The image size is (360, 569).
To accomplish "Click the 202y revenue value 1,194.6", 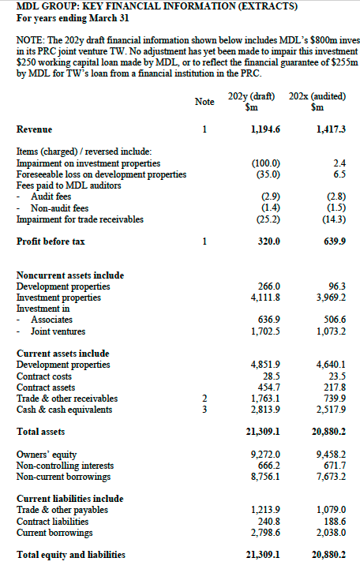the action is (x=264, y=129).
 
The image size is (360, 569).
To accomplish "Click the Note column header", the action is (x=204, y=101).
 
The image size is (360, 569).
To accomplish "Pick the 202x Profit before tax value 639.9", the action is (x=332, y=241).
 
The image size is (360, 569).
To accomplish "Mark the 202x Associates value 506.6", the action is (x=332, y=320).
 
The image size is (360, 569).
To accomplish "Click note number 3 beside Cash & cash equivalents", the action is (x=204, y=410).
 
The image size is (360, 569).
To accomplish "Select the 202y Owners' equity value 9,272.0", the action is (x=264, y=455).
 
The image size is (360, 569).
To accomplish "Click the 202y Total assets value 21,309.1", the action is (x=263, y=432).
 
